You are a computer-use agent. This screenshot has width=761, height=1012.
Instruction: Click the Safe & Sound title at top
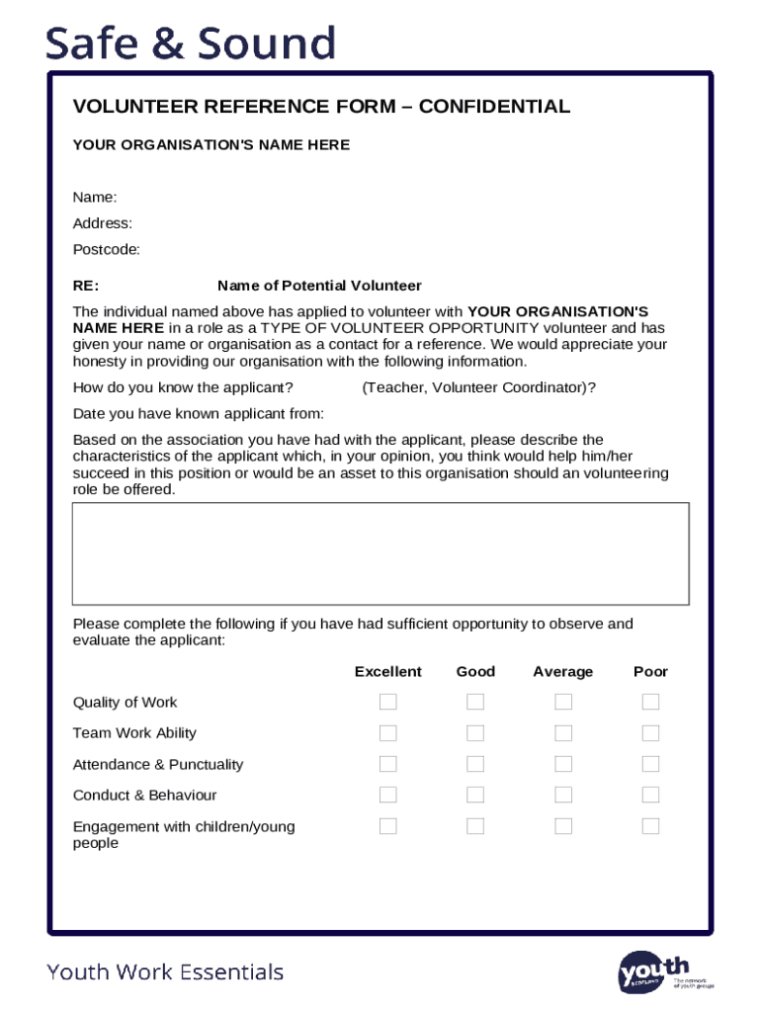191,43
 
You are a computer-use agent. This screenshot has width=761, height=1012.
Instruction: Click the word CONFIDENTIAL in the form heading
494,107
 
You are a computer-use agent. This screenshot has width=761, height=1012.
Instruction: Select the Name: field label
95,198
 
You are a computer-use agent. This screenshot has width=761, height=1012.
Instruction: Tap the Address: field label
103,223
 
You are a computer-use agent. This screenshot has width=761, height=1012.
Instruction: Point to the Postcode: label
107,249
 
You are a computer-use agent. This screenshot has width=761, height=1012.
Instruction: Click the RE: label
86,286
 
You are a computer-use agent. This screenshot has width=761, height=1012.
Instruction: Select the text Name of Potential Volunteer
319,286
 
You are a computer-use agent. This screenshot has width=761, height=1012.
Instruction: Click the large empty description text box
380,553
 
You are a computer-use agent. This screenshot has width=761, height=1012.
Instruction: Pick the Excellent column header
388,672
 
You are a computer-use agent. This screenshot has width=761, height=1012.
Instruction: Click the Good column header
475,672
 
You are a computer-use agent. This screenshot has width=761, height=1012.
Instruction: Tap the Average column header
563,672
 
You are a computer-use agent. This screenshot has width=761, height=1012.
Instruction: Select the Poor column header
650,672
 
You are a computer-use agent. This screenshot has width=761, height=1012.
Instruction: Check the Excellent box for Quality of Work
388,702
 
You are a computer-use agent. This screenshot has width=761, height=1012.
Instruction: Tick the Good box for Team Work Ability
475,733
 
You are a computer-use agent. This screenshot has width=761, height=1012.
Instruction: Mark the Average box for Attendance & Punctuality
563,764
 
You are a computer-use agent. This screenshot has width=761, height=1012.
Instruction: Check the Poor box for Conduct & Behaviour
650,795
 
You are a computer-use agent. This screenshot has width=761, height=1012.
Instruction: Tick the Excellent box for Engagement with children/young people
388,826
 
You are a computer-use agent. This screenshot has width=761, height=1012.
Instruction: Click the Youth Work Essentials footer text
165,972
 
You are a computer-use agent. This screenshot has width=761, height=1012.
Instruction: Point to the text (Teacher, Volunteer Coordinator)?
478,387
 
